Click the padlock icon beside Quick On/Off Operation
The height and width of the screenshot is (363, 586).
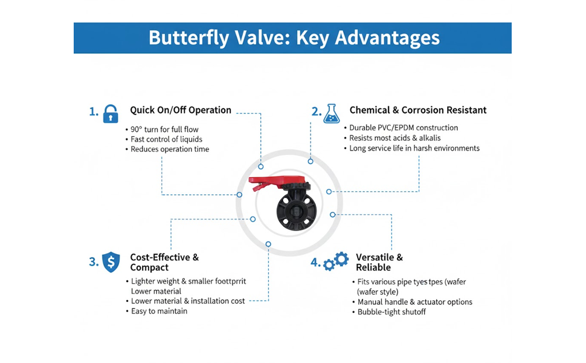[111, 113]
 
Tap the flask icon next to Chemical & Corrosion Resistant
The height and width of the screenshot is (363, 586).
[331, 113]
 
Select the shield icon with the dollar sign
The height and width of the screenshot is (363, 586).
[111, 261]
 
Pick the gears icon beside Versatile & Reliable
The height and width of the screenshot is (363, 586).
[336, 261]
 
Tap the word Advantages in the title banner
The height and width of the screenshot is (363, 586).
[387, 38]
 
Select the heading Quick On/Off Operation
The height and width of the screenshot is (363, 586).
[181, 110]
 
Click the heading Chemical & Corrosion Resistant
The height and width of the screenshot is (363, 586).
[417, 110]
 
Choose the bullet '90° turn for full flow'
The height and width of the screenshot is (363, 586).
[164, 129]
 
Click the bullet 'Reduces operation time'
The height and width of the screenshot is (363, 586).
[170, 149]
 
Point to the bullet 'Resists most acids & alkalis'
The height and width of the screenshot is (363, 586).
[394, 138]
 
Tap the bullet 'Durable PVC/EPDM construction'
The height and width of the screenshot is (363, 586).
[404, 128]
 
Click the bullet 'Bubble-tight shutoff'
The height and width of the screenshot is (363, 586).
[391, 312]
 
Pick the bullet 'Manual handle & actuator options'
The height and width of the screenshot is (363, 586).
[414, 302]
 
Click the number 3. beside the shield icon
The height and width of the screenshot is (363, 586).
[94, 262]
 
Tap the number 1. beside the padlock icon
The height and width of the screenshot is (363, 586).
[94, 111]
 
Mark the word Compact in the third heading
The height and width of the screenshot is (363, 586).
[149, 267]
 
